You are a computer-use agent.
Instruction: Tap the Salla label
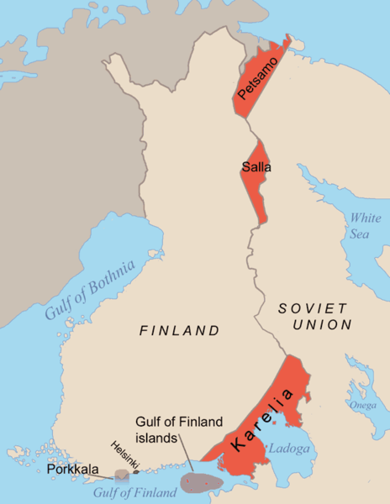click(256, 167)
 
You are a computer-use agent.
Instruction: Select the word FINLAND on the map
click(179, 331)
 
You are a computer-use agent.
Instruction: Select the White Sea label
click(359, 225)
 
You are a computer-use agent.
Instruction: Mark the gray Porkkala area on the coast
click(124, 475)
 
